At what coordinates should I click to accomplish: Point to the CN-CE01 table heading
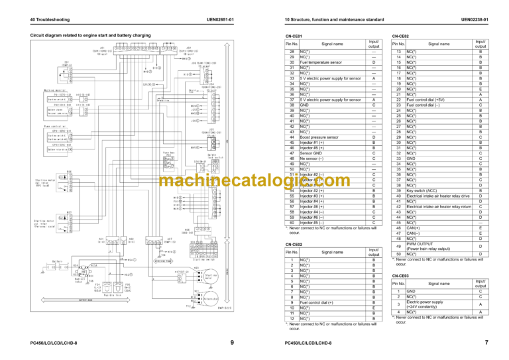[x=293, y=36]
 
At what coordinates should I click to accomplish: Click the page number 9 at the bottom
[x=231, y=342]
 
